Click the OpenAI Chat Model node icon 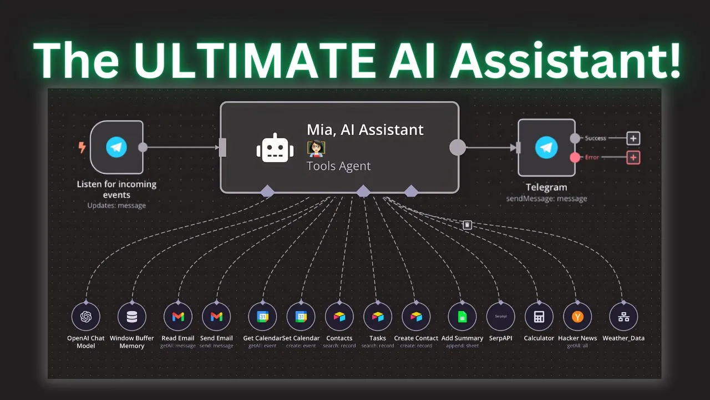pos(85,317)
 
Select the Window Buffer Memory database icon pos(131,317)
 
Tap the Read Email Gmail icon pos(178,317)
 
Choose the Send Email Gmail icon pos(216,317)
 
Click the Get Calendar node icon pos(262,317)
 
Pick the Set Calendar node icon pos(301,317)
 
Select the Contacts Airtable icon pos(339,317)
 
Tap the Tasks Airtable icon pos(378,317)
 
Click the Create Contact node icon pos(416,317)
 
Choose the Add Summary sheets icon pos(462,317)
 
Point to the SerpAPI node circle pos(501,317)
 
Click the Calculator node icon pos(539,317)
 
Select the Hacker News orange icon pos(577,317)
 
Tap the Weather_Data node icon pos(623,317)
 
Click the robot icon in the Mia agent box pos(275,148)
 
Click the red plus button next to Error pos(633,157)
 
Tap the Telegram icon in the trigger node pos(116,147)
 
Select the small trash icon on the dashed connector pos(468,225)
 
